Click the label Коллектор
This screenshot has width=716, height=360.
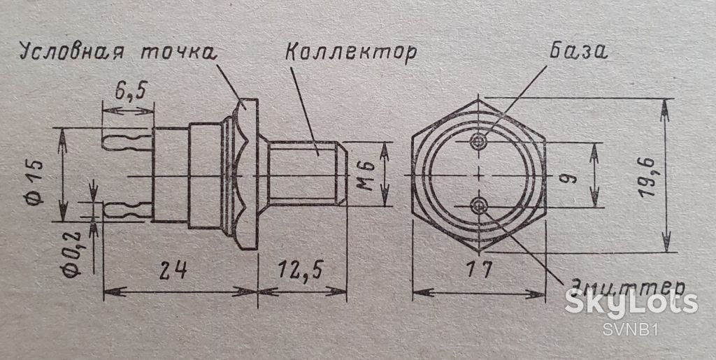350,53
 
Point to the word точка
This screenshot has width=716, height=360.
177,52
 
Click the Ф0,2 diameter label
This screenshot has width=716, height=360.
72,256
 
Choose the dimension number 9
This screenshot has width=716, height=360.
571,175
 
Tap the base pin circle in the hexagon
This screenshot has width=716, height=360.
478,141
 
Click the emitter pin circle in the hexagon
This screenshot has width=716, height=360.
478,206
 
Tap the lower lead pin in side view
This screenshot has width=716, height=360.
128,210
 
